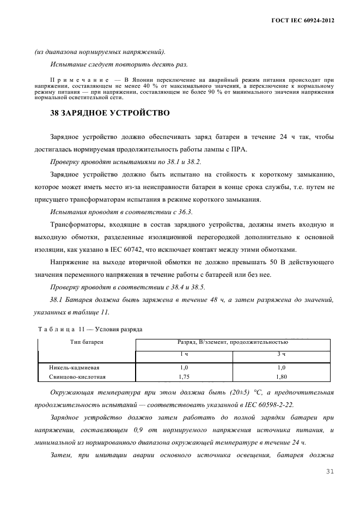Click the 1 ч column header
(184, 355)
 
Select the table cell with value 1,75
(184, 376)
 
